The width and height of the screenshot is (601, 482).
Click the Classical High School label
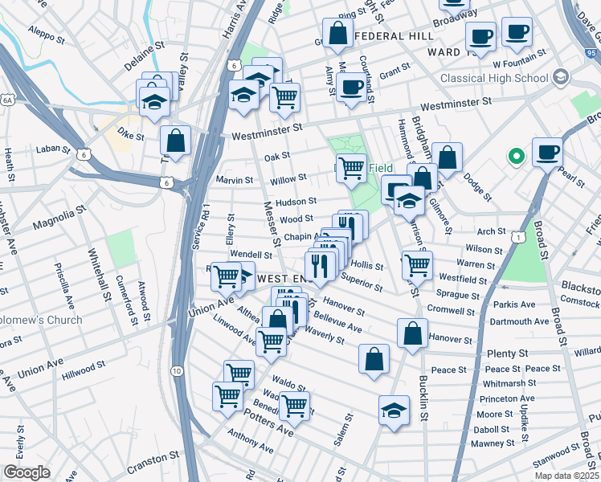493,78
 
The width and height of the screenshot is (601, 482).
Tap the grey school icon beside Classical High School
559,78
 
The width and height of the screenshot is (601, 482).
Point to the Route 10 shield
176,371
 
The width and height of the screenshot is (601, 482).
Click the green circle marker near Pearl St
516,156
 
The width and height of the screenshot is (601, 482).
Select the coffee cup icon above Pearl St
547,152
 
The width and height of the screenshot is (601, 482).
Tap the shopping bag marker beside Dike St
175,141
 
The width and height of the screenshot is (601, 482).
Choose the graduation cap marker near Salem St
394,411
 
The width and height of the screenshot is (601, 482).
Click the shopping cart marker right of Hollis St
416,263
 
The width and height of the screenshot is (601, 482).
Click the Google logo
27,472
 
